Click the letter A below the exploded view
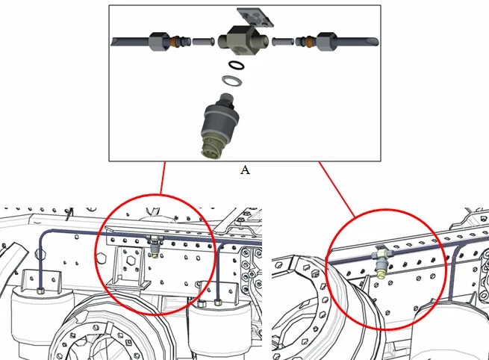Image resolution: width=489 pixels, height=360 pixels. (x=245, y=170)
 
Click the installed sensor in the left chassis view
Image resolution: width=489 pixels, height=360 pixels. (x=156, y=246)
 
